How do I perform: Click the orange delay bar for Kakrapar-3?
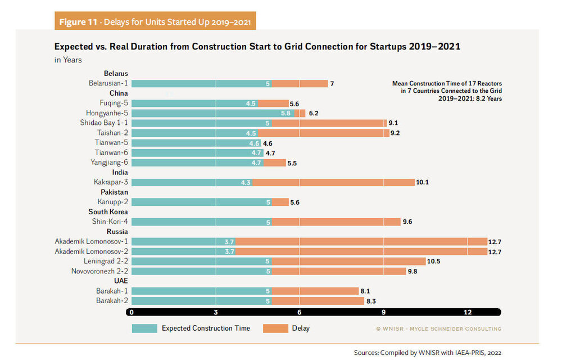point(334,182)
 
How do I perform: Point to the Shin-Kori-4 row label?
point(110,222)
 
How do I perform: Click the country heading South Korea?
point(108,212)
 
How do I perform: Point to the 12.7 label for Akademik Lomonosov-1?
point(495,241)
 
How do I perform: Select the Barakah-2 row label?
point(111,300)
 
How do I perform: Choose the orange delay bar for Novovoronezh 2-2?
point(339,271)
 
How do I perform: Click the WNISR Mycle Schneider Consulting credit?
point(438,328)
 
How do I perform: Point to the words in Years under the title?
point(69,60)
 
